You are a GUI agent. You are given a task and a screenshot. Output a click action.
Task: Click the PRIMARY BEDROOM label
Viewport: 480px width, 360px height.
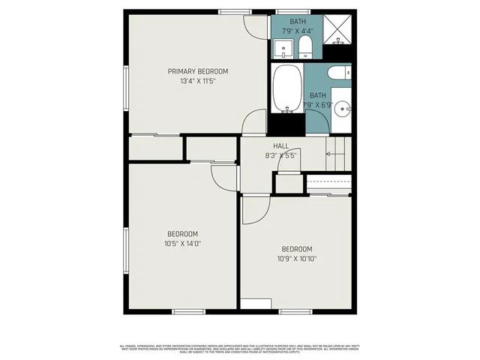tap(197, 71)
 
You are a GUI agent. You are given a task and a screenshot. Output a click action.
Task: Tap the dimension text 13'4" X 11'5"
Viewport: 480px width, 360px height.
tap(197, 81)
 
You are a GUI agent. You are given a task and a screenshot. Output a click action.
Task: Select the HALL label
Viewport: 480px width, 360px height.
tap(281, 145)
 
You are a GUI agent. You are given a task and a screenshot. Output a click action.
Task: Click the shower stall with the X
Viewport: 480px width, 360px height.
tap(339, 29)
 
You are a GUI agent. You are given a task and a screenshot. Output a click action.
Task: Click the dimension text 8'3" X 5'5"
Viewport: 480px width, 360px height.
tap(281, 155)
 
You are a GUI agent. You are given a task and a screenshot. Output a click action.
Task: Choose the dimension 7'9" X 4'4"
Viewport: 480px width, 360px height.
tap(297, 32)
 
